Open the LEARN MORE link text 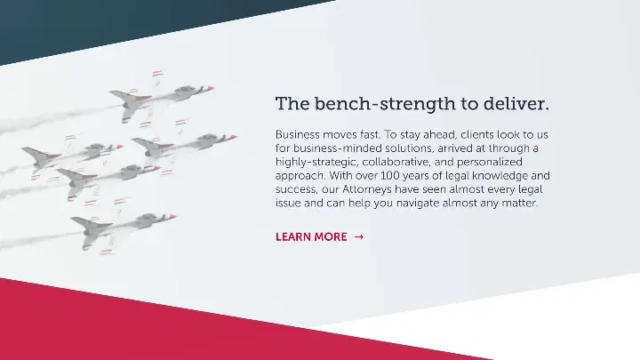click(x=311, y=237)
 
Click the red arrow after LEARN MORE click(x=359, y=237)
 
